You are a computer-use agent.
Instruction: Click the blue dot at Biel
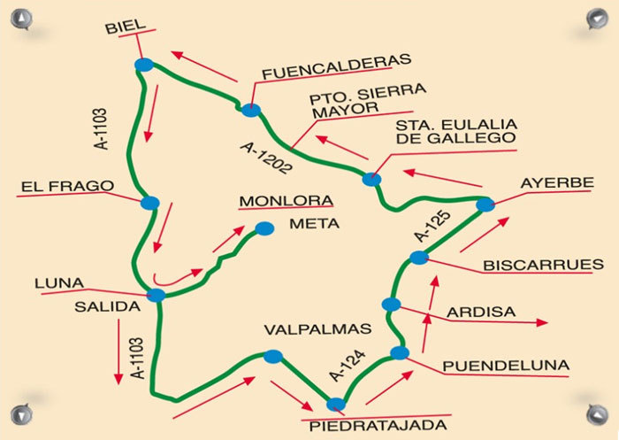[144, 65]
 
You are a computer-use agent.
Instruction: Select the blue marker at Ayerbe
[485, 205]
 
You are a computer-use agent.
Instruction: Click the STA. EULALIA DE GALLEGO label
[455, 131]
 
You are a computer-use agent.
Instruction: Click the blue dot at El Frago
[149, 203]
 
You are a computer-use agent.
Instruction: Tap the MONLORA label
[283, 201]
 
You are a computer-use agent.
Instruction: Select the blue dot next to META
[264, 228]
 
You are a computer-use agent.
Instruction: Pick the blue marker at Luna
[156, 296]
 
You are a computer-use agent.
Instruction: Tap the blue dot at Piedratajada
[335, 405]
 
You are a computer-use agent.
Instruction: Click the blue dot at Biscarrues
[418, 258]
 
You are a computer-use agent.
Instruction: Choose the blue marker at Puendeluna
[399, 353]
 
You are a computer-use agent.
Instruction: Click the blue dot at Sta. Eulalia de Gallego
[371, 179]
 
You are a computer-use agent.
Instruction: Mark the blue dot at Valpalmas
[272, 357]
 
